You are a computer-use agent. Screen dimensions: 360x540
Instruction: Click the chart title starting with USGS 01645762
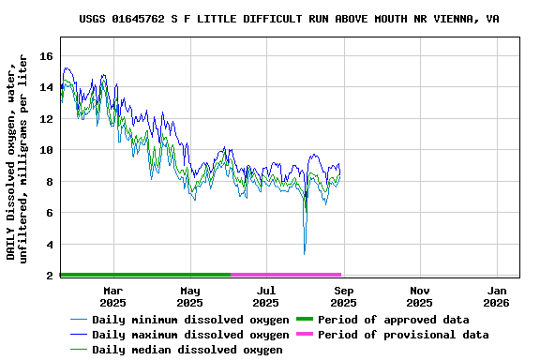click(x=289, y=19)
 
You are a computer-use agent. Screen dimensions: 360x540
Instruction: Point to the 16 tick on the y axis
click(x=46, y=56)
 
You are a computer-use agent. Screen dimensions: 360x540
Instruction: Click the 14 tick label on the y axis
click(x=46, y=87)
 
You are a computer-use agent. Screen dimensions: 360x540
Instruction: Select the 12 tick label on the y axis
click(x=46, y=119)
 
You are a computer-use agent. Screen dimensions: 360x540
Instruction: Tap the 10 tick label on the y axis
click(x=46, y=150)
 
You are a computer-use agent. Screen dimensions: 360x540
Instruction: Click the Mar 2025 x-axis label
click(x=112, y=296)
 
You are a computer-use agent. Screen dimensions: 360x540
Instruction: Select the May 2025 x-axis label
click(x=189, y=296)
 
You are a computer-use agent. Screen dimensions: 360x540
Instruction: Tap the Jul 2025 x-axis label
click(x=266, y=296)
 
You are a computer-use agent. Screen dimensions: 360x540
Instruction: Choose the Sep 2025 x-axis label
click(x=343, y=296)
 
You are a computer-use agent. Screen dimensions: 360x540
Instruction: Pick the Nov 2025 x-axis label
click(x=420, y=296)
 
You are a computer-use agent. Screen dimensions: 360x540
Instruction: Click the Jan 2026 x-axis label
click(x=496, y=296)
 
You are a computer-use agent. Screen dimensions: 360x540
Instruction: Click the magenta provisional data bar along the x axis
click(x=286, y=275)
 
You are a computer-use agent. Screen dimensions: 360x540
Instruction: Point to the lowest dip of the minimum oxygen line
click(x=304, y=253)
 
